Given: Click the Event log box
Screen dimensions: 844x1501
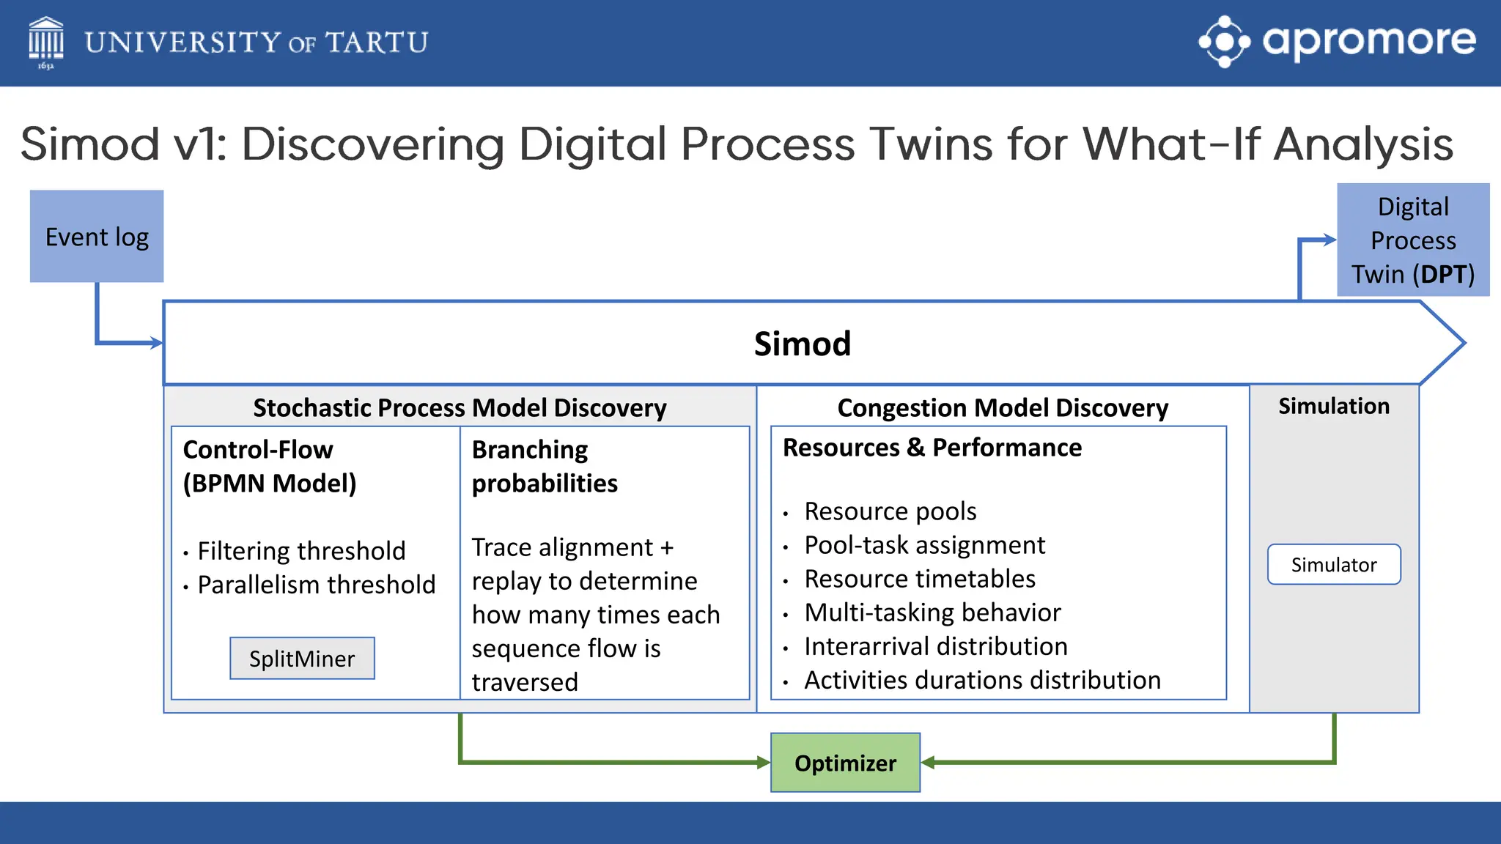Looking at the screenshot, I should (x=97, y=237).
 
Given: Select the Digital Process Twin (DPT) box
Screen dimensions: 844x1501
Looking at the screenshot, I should (x=1412, y=240).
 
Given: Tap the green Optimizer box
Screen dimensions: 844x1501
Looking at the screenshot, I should (x=845, y=763).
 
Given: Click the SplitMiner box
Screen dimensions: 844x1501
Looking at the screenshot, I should (x=302, y=659).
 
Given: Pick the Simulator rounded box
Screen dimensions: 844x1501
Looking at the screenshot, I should (x=1333, y=564).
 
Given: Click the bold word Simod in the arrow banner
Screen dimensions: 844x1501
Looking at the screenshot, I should (x=802, y=344).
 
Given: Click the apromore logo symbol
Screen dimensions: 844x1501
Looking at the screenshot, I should (x=1224, y=42).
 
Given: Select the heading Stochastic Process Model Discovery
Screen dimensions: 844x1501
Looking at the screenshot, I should (x=460, y=407).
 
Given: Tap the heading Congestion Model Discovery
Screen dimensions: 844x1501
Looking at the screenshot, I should (x=1003, y=407).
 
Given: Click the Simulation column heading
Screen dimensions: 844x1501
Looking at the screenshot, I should (x=1333, y=406).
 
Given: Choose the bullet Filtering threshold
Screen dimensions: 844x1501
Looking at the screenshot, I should (x=301, y=551).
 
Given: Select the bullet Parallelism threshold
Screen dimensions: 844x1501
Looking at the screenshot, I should (x=316, y=585).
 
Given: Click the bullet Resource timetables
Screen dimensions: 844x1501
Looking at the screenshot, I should (x=919, y=579).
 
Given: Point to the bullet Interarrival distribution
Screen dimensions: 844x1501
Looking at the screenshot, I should (x=935, y=646).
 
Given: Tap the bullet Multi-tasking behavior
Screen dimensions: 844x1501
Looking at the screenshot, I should (x=932, y=612).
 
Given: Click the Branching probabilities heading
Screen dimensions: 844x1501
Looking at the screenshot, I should (x=544, y=466).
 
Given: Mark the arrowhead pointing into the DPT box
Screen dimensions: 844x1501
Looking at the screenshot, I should (x=1329, y=240).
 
